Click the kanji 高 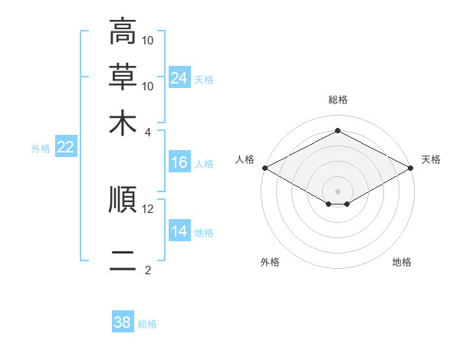pyautogui.click(x=123, y=31)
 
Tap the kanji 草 pyautogui.click(x=123, y=77)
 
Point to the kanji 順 pyautogui.click(x=123, y=199)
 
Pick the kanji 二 pyautogui.click(x=123, y=260)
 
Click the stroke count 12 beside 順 pyautogui.click(x=147, y=209)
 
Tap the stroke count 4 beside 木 pyautogui.click(x=147, y=133)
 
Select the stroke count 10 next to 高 pyautogui.click(x=147, y=40)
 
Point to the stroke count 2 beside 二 pyautogui.click(x=147, y=270)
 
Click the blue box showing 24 pyautogui.click(x=179, y=77)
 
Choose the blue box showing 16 pyautogui.click(x=179, y=162)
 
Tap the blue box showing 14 pyautogui.click(x=179, y=230)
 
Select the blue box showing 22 pyautogui.click(x=66, y=146)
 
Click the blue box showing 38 pyautogui.click(x=123, y=321)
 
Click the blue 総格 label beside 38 pyautogui.click(x=147, y=324)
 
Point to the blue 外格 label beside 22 pyautogui.click(x=41, y=149)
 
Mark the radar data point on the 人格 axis pyautogui.click(x=265, y=168)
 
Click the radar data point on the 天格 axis pyautogui.click(x=411, y=168)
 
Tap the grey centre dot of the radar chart pyautogui.click(x=337, y=191)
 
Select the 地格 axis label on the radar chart pyautogui.click(x=402, y=262)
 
